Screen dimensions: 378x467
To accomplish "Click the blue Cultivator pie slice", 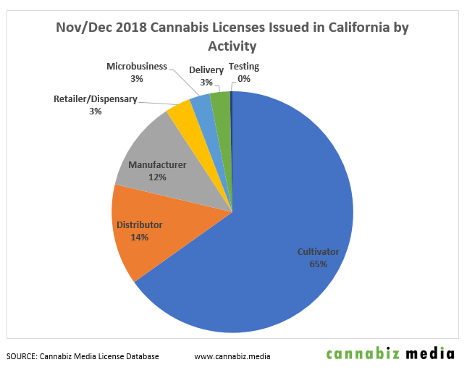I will coord(290,217).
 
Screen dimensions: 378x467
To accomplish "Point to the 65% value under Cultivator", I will coord(318,264).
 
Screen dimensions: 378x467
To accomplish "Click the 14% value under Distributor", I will coord(140,237).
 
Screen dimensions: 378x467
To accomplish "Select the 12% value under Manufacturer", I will coord(157,177).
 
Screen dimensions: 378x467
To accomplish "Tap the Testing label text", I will coord(243,67).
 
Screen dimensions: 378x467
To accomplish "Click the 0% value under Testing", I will coord(243,78).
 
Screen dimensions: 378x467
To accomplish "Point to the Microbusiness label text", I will coord(136,66).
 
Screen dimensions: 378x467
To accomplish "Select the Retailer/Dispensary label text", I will coord(95,98).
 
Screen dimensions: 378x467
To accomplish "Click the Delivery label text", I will coord(206,70).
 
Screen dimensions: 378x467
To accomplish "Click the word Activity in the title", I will coord(232,46).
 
